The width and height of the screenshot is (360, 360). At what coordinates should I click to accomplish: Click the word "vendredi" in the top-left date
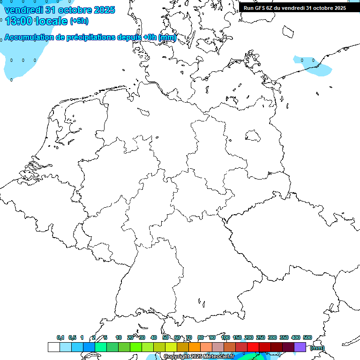coord(23,10)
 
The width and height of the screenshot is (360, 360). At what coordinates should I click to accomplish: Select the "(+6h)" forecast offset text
coord(79,21)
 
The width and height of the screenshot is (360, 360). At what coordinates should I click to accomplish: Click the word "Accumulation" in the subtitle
coord(29,37)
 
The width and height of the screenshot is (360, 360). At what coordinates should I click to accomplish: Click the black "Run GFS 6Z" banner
coord(295,7)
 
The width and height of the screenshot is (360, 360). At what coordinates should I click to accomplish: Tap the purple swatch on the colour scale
coord(300,347)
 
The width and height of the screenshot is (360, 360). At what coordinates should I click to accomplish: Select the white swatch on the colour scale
coord(53,347)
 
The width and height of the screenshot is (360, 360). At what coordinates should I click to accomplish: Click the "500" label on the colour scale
coord(307,338)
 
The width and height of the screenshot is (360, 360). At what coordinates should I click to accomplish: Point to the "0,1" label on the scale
coord(60,338)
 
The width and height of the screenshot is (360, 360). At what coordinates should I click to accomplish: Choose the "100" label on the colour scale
coord(225,338)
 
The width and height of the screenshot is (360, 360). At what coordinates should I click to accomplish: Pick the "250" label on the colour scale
coord(261,338)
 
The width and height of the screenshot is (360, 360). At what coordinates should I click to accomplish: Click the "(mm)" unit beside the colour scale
coord(317,348)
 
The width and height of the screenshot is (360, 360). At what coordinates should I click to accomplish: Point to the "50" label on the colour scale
coord(165,338)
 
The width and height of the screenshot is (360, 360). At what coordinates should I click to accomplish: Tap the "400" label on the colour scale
coord(296,338)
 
